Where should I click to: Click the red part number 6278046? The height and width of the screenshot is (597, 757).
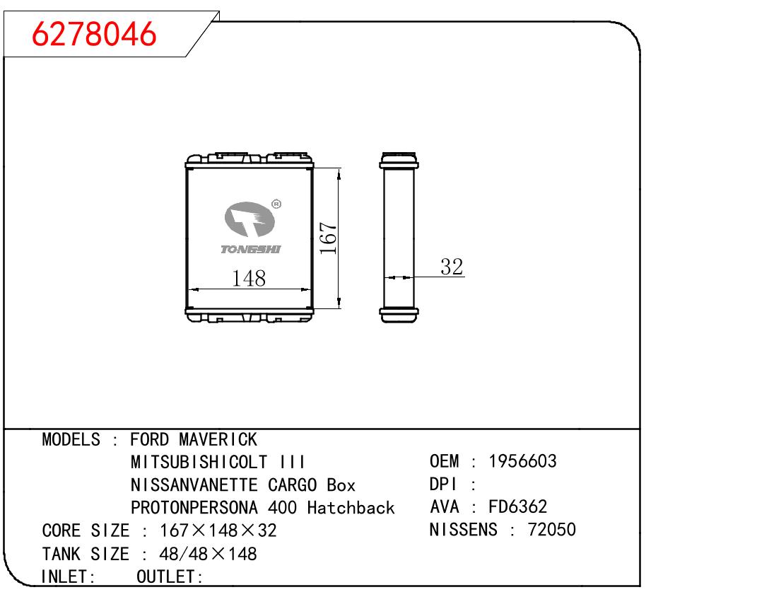[x=94, y=34]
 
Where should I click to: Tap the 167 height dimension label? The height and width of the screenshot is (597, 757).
[x=328, y=238]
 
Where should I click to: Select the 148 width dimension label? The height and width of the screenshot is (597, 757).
[x=249, y=278]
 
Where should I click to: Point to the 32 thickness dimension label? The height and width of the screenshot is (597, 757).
[x=452, y=267]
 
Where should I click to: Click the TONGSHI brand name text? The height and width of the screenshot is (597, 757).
[x=250, y=249]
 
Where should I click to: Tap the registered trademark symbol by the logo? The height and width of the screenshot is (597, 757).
[x=276, y=204]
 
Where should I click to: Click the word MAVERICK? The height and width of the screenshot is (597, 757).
[x=218, y=439]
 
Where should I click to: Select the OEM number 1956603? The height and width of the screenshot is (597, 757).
[x=522, y=461]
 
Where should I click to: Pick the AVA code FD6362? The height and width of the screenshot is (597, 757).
[x=517, y=506]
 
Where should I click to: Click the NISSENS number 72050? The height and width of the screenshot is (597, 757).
[x=551, y=529]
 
